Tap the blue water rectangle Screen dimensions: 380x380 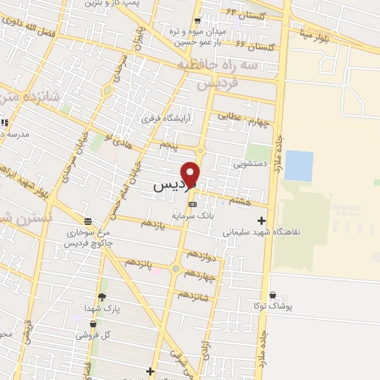click(x=298, y=166)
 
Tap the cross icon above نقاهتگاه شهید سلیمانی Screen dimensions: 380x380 click(x=261, y=220)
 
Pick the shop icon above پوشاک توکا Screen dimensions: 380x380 click(x=274, y=295)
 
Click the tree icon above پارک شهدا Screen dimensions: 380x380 click(x=102, y=297)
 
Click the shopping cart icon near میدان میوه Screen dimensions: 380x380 click(x=197, y=20)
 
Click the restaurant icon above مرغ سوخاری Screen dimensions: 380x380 click(x=88, y=221)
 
